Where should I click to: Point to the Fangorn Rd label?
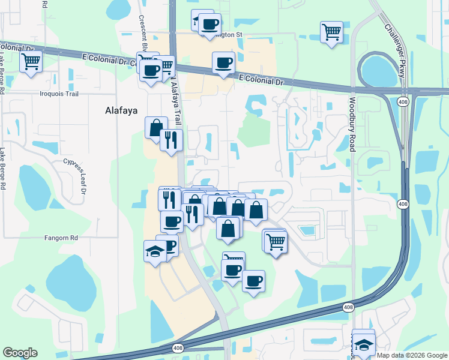click(x=61, y=238)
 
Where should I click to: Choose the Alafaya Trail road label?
click(x=175, y=96)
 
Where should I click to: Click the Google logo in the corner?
click(x=20, y=353)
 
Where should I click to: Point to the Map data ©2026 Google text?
click(x=412, y=355)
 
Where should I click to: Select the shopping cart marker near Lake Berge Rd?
click(x=31, y=61)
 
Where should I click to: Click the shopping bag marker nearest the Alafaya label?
click(x=156, y=127)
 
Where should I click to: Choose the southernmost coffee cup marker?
click(x=253, y=280)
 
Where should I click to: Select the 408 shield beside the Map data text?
click(x=348, y=307)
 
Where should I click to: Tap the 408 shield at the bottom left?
click(x=177, y=347)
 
